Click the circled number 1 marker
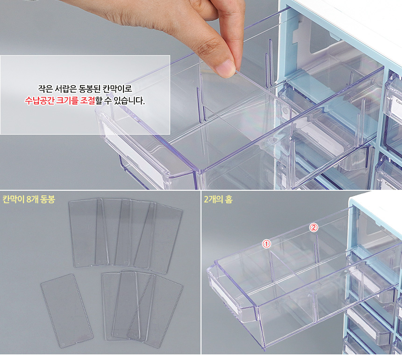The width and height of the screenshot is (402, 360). point(266,244)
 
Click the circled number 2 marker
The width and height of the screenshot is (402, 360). point(314,227)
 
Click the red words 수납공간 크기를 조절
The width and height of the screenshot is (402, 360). point(60,101)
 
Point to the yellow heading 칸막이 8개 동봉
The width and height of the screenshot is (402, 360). point(29,199)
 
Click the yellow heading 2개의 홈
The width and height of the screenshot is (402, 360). point(218,199)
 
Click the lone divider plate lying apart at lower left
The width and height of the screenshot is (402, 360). point(67,310)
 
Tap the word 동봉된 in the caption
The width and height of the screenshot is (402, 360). point(88,89)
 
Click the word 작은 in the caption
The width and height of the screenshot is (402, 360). point(45,89)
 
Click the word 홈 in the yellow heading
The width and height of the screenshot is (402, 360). point(229,199)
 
